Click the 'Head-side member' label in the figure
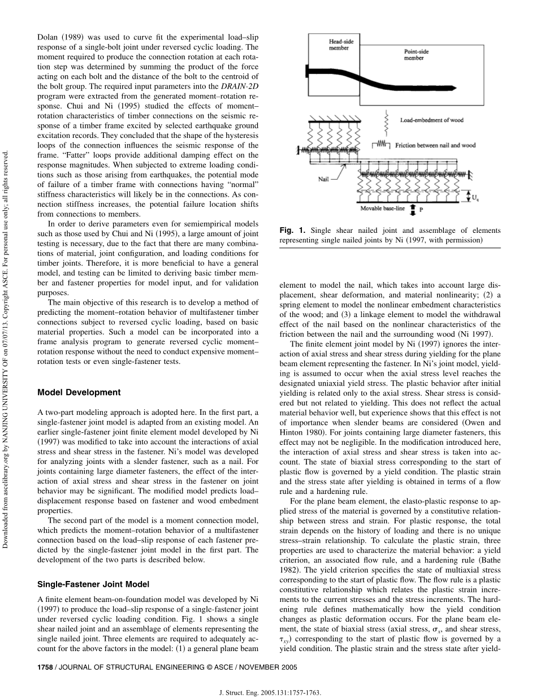[x=339, y=45]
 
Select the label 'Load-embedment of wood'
[x=432, y=120]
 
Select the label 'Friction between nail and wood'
[x=435, y=145]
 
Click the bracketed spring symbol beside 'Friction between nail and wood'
[x=381, y=145]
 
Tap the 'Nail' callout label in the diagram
[x=323, y=179]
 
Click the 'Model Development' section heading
[x=79, y=392]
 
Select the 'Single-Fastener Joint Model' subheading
[x=93, y=584]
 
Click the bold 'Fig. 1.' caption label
[x=292, y=230]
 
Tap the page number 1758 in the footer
[x=45, y=667]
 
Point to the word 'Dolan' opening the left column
[x=48, y=37]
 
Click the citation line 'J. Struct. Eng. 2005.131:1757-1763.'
[x=269, y=691]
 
